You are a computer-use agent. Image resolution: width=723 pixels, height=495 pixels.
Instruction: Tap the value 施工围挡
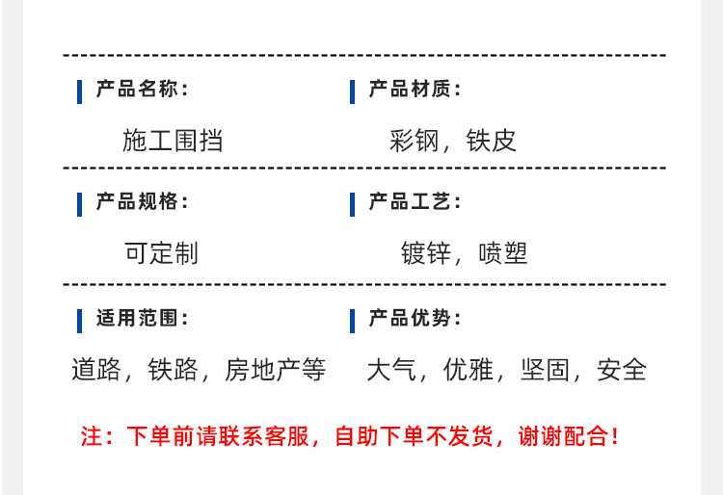pos(173,141)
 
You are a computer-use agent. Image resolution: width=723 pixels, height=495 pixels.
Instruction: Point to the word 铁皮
pos(491,141)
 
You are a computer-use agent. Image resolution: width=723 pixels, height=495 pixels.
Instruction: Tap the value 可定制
pos(161,253)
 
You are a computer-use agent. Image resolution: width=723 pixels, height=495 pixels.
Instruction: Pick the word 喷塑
pos(503,253)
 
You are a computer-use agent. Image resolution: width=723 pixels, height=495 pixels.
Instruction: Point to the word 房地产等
pos(276,370)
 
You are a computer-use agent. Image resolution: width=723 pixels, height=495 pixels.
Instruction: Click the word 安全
pos(622,370)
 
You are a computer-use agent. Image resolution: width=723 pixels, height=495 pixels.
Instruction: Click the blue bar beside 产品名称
pos(80,91)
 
